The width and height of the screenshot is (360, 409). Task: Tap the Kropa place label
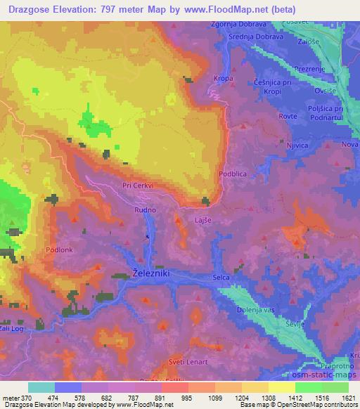224,78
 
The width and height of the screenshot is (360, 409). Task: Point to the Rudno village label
145,209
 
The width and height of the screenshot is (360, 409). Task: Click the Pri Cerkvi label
138,186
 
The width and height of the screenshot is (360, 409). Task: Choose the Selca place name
222,279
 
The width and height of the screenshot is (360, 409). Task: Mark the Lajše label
203,220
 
